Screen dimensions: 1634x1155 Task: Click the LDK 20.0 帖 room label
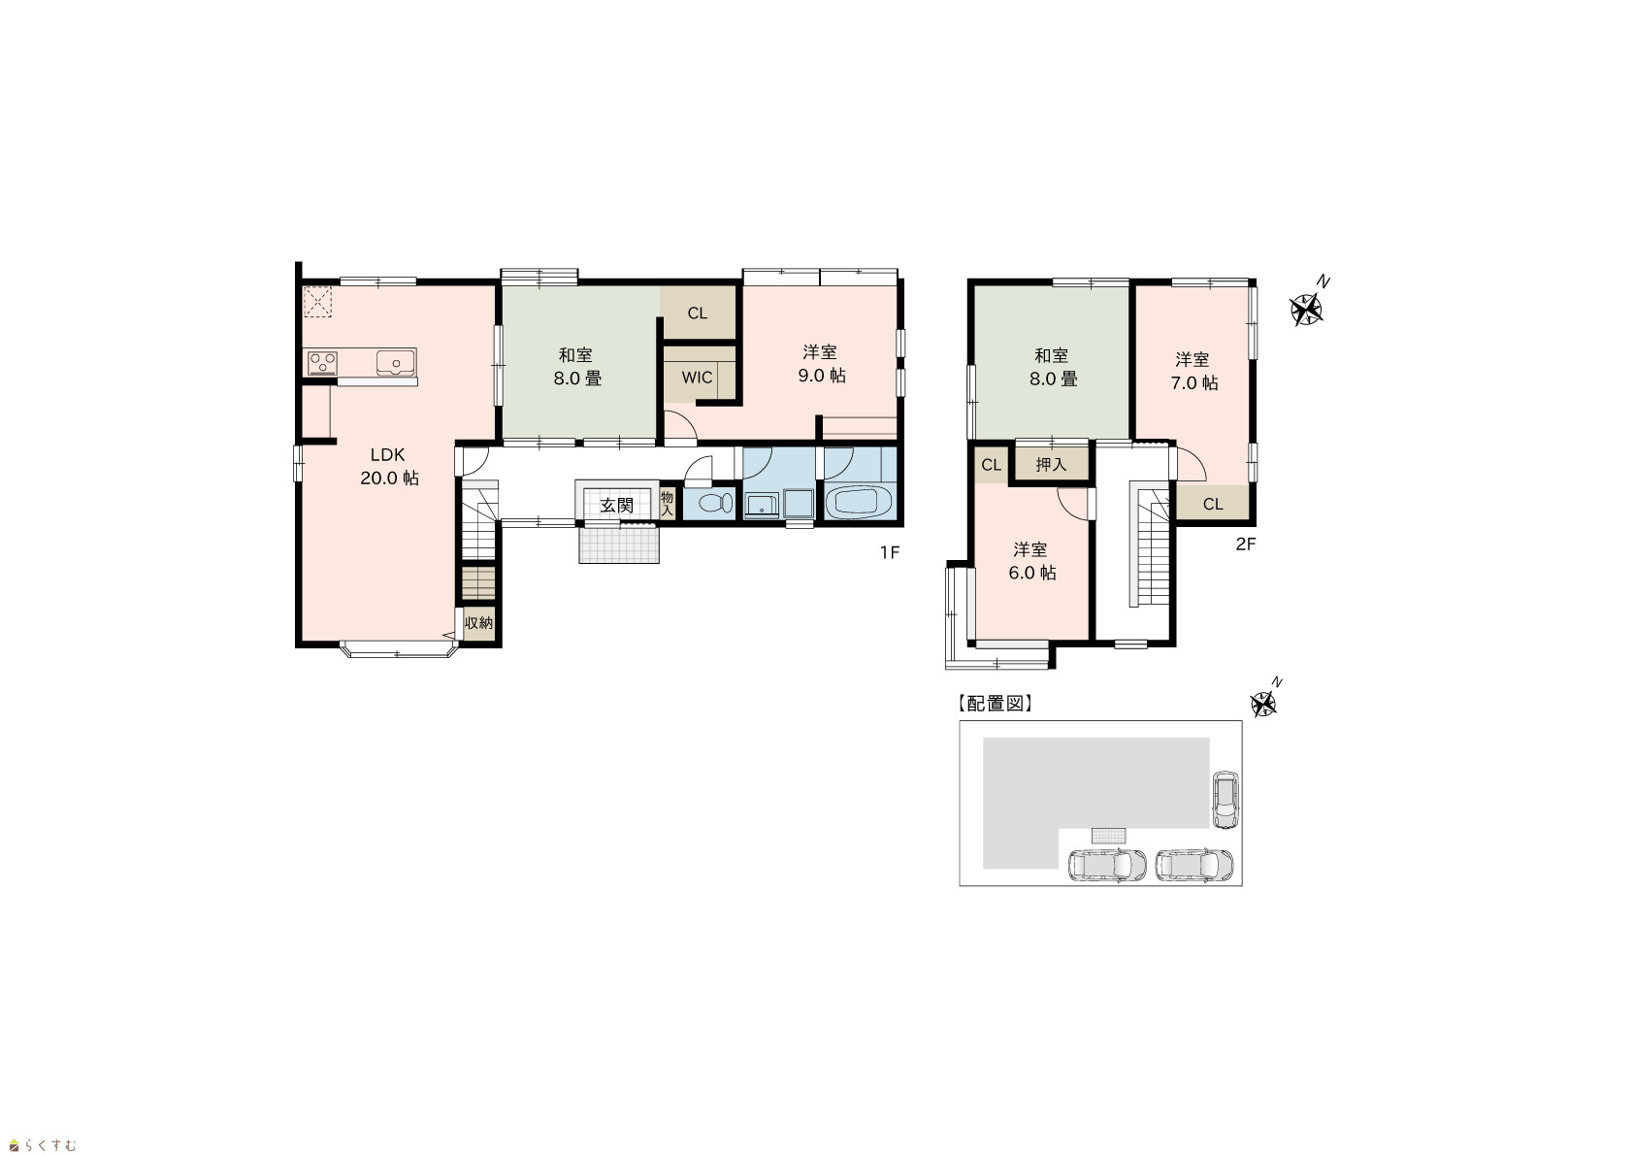389,466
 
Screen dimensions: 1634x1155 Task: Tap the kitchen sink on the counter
395,363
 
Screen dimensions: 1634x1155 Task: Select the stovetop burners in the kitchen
322,363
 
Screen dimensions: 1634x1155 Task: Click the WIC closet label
697,378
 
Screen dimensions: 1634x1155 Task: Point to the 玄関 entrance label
616,505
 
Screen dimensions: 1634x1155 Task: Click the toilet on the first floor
716,504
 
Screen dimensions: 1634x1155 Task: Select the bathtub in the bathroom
859,502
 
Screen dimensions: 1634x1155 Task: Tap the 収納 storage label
478,622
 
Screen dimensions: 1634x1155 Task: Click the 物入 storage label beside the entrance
667,504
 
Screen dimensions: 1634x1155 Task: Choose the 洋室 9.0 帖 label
821,363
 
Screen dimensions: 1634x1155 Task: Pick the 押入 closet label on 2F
1051,464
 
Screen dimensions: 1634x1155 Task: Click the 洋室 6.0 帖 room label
1031,561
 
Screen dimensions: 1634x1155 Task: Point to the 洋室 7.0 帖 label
1193,371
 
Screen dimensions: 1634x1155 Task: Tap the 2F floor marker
1246,544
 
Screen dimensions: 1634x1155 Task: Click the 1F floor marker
889,552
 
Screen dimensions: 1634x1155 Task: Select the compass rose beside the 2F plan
1307,308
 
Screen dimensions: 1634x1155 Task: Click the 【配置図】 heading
995,704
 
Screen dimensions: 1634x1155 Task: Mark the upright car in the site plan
1225,800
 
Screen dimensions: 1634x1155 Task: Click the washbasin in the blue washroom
762,505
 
